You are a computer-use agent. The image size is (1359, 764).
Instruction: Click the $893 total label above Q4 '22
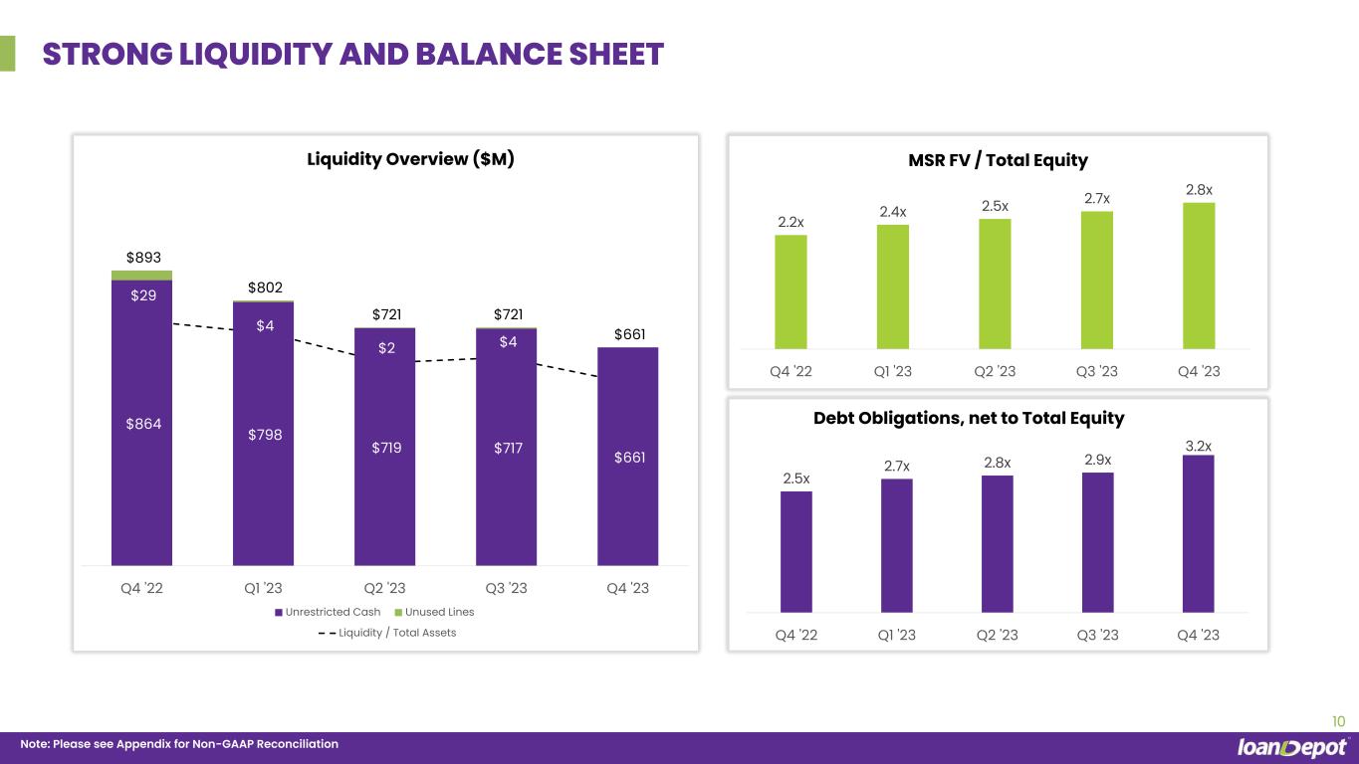(143, 257)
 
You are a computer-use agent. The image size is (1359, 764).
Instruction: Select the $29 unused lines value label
(143, 295)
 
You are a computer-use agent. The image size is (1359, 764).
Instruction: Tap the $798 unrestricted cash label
(265, 434)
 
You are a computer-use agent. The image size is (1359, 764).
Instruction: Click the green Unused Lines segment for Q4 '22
(142, 276)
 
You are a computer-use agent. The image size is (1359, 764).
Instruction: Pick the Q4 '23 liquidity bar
(628, 457)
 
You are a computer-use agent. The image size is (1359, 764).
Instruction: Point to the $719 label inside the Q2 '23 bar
(386, 448)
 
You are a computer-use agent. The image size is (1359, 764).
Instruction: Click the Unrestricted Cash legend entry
(328, 612)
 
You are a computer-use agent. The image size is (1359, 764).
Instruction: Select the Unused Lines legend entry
(434, 612)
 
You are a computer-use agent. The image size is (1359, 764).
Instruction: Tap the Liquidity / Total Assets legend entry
(387, 633)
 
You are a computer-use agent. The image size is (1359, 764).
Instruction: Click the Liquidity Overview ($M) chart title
(411, 159)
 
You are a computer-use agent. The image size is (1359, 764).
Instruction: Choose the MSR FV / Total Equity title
(998, 160)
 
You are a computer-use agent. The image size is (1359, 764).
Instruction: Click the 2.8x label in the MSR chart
(1199, 190)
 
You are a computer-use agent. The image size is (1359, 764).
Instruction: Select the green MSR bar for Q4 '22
(792, 291)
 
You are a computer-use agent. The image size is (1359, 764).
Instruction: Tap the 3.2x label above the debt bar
(1199, 447)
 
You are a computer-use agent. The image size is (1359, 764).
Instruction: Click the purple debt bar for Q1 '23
(897, 546)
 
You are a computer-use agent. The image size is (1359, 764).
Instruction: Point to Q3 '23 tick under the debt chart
(1097, 635)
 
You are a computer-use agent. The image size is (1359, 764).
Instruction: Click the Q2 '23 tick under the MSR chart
(995, 371)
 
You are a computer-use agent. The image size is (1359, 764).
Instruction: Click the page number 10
(1338, 721)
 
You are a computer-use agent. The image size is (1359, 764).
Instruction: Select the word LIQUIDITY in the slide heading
(256, 54)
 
